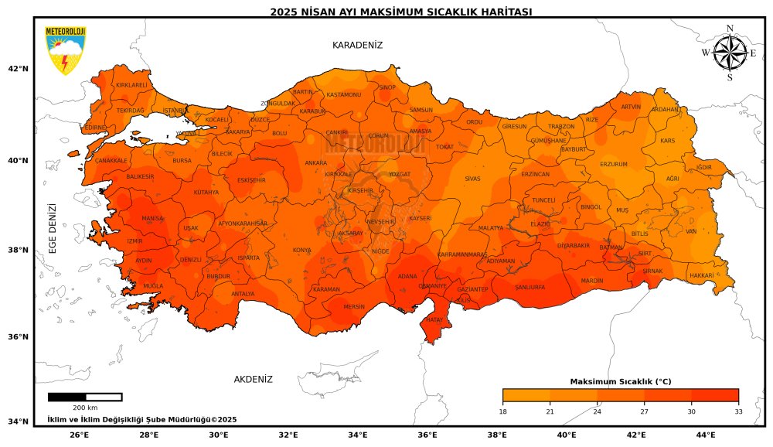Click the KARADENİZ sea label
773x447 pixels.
coord(357,46)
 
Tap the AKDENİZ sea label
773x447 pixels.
coord(254,380)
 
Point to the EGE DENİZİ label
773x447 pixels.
coord(53,229)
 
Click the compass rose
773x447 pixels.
coord(729,53)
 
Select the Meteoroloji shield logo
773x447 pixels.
coord(66,51)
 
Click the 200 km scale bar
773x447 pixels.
coord(85,398)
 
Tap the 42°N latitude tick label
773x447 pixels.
coord(18,69)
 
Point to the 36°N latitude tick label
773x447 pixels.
coord(18,337)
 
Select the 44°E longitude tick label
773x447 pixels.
coord(705,435)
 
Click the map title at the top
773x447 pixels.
coord(400,12)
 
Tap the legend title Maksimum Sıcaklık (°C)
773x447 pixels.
coord(620,382)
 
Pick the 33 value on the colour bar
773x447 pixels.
coord(738,411)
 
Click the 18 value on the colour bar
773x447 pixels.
coord(503,411)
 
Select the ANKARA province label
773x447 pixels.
coord(316,163)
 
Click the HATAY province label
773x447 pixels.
coord(434,319)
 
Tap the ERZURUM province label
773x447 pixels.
coord(614,164)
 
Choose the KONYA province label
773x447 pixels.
coord(302,251)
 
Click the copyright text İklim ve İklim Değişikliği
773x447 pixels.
coord(141,419)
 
